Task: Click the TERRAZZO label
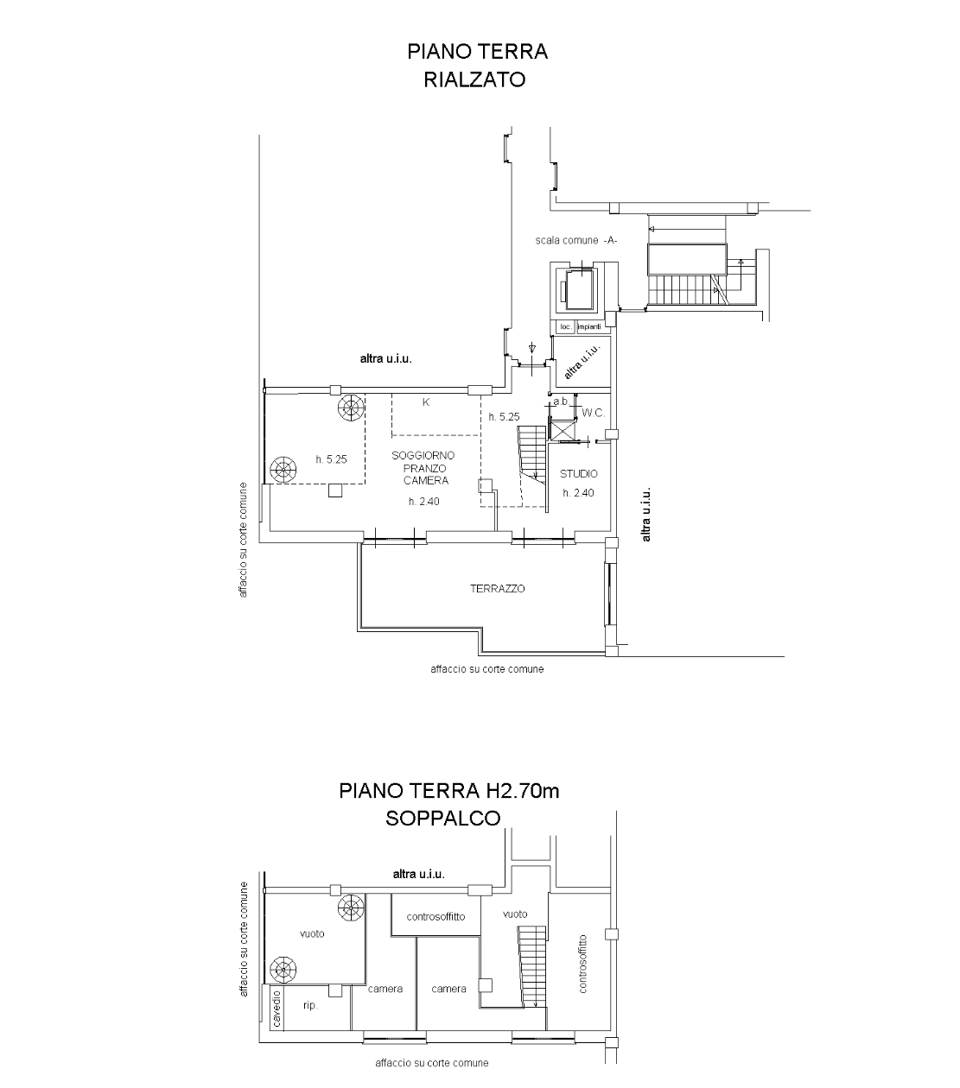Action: point(497,589)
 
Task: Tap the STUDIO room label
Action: point(578,474)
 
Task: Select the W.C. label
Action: point(594,413)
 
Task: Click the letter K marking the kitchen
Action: point(426,402)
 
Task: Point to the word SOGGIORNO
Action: point(423,455)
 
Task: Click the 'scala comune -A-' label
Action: point(575,241)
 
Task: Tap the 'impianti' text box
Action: point(589,326)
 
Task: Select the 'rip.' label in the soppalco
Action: point(310,1005)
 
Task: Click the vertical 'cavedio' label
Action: point(277,1009)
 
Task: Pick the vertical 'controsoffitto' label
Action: point(582,964)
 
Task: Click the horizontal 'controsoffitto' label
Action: point(435,916)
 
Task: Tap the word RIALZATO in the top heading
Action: point(474,79)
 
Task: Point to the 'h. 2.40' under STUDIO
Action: point(578,492)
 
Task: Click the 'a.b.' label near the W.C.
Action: point(561,402)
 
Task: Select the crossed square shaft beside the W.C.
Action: point(561,430)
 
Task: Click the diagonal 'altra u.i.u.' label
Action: point(582,363)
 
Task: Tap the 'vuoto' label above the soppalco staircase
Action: point(515,914)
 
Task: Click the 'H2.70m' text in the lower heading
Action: point(523,790)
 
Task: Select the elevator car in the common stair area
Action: point(579,290)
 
